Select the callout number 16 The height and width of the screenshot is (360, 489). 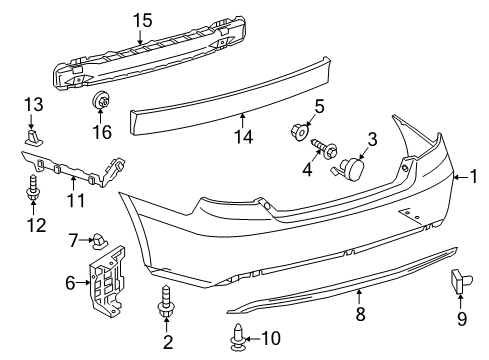pos(102,132)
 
